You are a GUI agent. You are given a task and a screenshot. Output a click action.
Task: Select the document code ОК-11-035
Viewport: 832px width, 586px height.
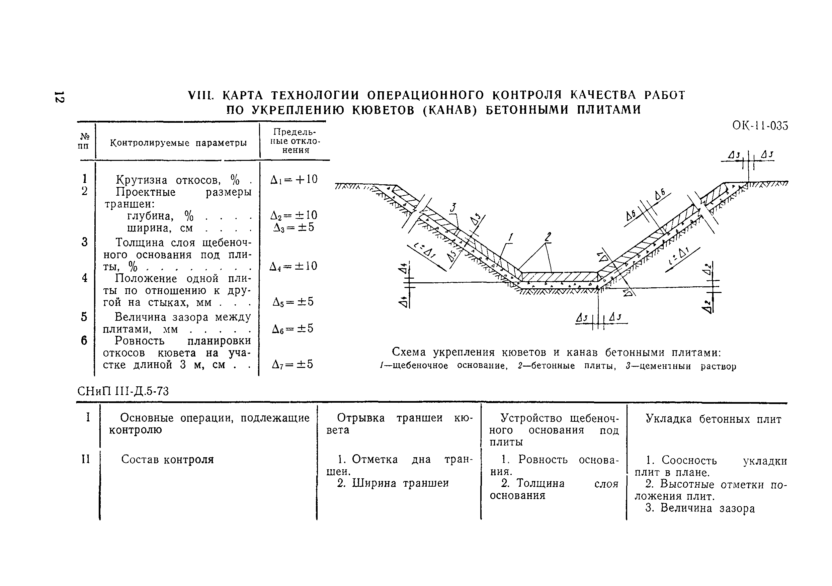pos(760,126)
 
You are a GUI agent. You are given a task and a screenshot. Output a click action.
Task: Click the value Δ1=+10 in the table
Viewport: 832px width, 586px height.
pos(294,179)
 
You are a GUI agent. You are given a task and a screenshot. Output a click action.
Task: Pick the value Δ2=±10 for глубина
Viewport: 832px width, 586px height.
pos(294,215)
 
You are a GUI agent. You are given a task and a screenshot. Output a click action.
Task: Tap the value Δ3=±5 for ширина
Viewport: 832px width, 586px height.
pos(294,227)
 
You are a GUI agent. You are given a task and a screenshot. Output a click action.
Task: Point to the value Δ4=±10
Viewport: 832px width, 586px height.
pos(294,266)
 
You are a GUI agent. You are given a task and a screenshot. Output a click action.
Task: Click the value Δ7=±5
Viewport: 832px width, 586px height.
pos(293,364)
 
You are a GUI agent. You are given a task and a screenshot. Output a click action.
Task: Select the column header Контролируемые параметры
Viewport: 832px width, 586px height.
pos(178,143)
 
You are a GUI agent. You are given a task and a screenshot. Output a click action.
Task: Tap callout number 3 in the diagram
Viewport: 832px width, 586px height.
pos(453,207)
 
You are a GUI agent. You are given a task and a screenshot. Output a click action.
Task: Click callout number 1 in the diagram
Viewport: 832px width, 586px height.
pos(511,237)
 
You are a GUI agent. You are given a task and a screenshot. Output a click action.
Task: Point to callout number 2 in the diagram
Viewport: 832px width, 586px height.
pos(548,237)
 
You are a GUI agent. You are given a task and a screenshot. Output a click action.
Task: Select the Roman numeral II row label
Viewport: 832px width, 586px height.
pos(86,459)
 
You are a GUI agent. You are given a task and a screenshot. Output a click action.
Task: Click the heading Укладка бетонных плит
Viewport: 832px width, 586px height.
pos(714,419)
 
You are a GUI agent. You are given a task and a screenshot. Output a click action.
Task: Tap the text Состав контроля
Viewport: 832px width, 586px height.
pos(167,460)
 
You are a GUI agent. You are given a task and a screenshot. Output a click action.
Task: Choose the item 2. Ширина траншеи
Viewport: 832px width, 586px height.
pos(393,483)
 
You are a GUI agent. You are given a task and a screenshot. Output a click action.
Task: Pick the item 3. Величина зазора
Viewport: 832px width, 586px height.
pos(700,508)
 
